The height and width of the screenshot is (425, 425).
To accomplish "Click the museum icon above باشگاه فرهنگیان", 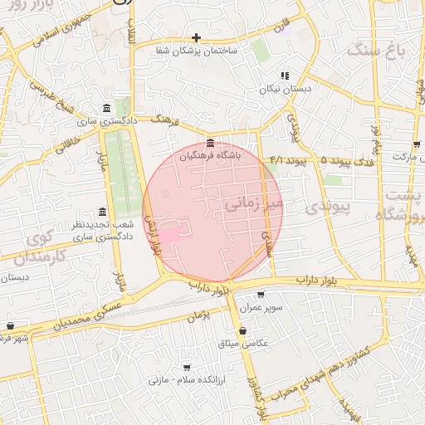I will [x=209, y=142].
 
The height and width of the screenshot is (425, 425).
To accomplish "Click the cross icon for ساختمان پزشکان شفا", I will [x=196, y=37].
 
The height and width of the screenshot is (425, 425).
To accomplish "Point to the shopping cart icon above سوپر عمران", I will [x=261, y=295].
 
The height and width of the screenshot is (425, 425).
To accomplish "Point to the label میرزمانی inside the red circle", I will [x=253, y=202].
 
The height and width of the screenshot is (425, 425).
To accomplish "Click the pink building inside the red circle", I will [x=168, y=236].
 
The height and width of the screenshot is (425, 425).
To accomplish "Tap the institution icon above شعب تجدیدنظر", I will [x=103, y=212].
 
